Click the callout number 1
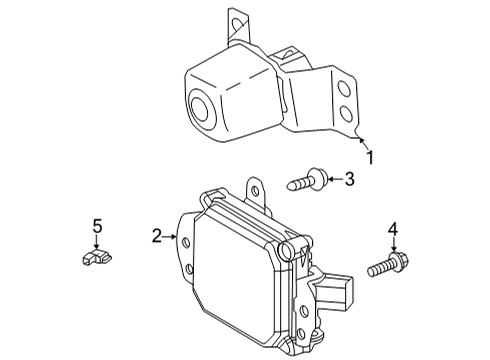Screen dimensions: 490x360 click(x=370, y=157)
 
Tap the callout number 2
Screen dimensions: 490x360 click(x=157, y=236)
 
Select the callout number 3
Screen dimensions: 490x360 click(x=349, y=179)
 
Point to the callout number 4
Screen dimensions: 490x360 click(x=393, y=229)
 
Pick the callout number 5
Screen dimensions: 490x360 click(x=97, y=227)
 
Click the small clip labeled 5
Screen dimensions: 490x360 click(x=97, y=257)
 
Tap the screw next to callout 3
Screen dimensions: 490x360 click(x=308, y=180)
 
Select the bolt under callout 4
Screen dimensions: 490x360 click(x=388, y=265)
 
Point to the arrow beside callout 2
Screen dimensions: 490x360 click(x=170, y=237)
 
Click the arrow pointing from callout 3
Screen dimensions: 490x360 click(x=335, y=179)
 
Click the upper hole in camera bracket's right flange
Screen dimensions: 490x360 click(x=344, y=89)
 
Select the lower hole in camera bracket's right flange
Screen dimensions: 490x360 click(x=347, y=113)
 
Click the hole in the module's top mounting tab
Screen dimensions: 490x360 click(x=255, y=191)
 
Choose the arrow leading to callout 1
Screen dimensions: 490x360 click(x=364, y=144)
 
